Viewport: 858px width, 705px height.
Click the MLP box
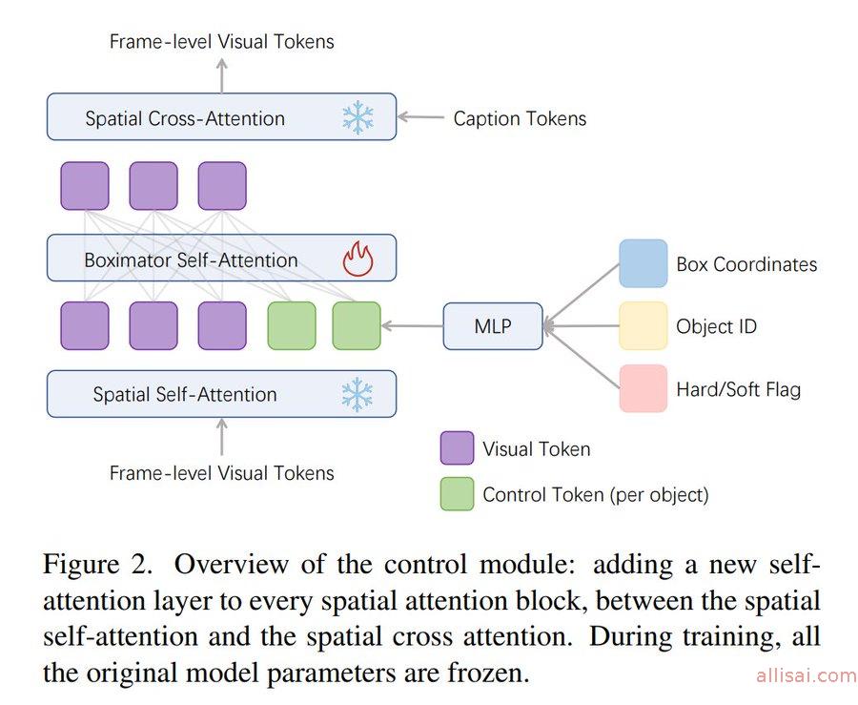[493, 326]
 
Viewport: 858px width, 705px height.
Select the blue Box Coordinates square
[643, 263]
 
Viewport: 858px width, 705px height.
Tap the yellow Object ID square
[643, 326]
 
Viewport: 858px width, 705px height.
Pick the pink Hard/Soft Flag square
[643, 388]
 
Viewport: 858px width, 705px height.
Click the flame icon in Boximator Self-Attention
[357, 259]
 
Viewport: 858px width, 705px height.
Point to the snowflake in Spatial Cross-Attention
[357, 118]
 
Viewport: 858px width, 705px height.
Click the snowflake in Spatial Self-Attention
[357, 394]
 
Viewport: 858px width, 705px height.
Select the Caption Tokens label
[520, 119]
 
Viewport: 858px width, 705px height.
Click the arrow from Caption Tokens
[420, 118]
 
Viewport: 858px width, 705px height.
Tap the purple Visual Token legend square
[457, 448]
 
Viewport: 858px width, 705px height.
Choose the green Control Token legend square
[457, 494]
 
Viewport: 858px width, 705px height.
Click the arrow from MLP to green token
[412, 326]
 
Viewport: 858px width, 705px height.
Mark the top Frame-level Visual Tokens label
[221, 41]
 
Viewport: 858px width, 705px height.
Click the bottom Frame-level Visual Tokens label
[221, 473]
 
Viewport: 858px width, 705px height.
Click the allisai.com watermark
[806, 676]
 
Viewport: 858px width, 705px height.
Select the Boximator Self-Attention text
[191, 259]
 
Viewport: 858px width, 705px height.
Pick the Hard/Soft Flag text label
[738, 389]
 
